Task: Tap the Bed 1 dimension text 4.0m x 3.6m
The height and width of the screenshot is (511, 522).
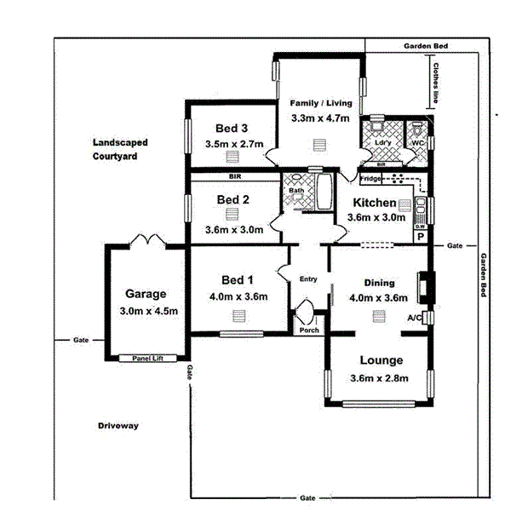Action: click(x=232, y=297)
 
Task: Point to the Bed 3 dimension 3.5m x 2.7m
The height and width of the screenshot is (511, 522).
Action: click(x=234, y=144)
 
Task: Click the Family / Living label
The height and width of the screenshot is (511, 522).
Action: click(x=320, y=101)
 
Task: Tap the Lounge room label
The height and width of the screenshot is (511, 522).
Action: click(x=381, y=360)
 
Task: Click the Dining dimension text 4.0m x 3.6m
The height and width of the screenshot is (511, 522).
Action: click(x=379, y=299)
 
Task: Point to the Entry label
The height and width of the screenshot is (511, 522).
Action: click(x=307, y=279)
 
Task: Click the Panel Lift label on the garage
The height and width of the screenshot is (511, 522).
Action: click(x=146, y=359)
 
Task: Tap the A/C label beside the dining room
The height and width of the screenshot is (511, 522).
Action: click(x=415, y=318)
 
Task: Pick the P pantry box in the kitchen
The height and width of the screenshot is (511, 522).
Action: click(x=420, y=238)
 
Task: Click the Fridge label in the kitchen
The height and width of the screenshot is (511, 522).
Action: click(x=370, y=179)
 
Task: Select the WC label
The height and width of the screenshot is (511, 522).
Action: click(x=416, y=143)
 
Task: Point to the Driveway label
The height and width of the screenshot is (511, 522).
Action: click(x=118, y=425)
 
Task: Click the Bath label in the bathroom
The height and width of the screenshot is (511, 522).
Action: click(x=295, y=190)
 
